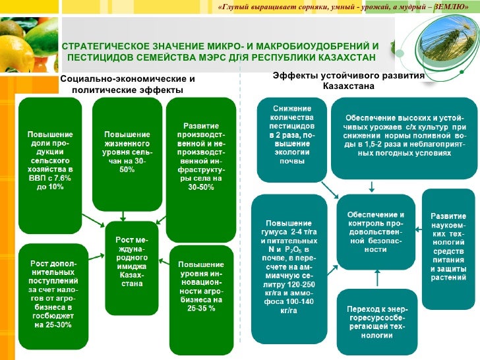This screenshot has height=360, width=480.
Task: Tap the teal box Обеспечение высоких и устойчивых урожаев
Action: coord(404,138)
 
